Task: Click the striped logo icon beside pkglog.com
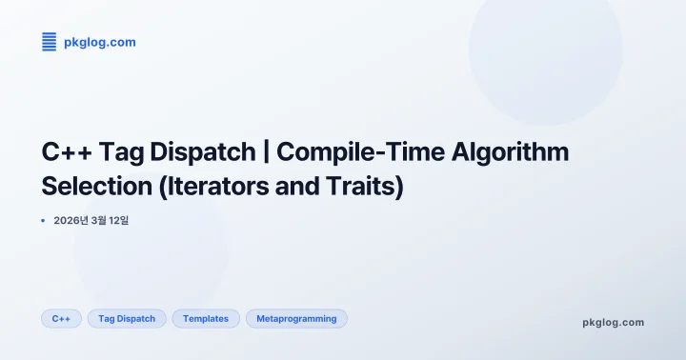[50, 41]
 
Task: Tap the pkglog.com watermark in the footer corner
[613, 322]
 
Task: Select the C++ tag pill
[61, 318]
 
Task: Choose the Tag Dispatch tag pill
[127, 318]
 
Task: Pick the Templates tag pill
[206, 318]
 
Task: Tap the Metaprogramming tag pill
[296, 318]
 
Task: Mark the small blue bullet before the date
[44, 220]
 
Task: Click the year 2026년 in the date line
[71, 220]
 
